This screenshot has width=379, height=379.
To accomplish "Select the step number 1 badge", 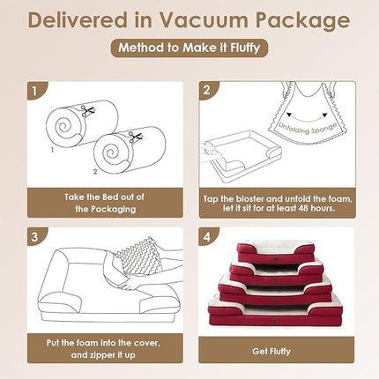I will (x=33, y=90).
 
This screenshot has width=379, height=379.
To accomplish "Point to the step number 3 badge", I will (x=33, y=236).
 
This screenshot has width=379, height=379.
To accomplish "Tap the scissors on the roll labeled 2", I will (x=134, y=137).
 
